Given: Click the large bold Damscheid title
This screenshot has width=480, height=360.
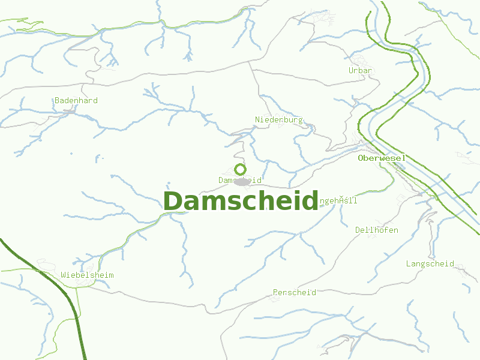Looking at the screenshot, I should tap(240, 201).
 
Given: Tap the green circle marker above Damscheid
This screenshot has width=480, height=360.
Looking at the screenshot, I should tap(240, 169).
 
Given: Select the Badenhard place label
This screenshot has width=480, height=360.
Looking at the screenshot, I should tap(76, 100).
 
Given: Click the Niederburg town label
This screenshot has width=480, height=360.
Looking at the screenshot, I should tap(279, 119).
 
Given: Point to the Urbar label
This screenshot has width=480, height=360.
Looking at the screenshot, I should tap(361, 70).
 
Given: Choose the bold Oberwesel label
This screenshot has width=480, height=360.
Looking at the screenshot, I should tap(382, 158).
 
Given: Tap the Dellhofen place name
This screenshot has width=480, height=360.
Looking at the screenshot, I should tap(376, 230).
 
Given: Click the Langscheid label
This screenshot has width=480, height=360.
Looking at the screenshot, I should tap(430, 263).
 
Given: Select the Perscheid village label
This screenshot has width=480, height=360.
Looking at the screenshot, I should tap(294, 292).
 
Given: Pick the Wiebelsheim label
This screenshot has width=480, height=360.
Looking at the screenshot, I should tap(87, 275).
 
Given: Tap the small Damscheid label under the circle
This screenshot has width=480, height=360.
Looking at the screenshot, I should tap(240, 179).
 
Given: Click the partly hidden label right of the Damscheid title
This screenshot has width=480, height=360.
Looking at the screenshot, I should tap(339, 200).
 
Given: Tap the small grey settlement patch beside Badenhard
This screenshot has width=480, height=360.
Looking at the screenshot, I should tap(70, 111).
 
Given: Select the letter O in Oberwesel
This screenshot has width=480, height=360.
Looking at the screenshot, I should tap(361, 158).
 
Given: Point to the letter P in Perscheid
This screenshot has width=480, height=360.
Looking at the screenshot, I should tap(275, 292).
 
